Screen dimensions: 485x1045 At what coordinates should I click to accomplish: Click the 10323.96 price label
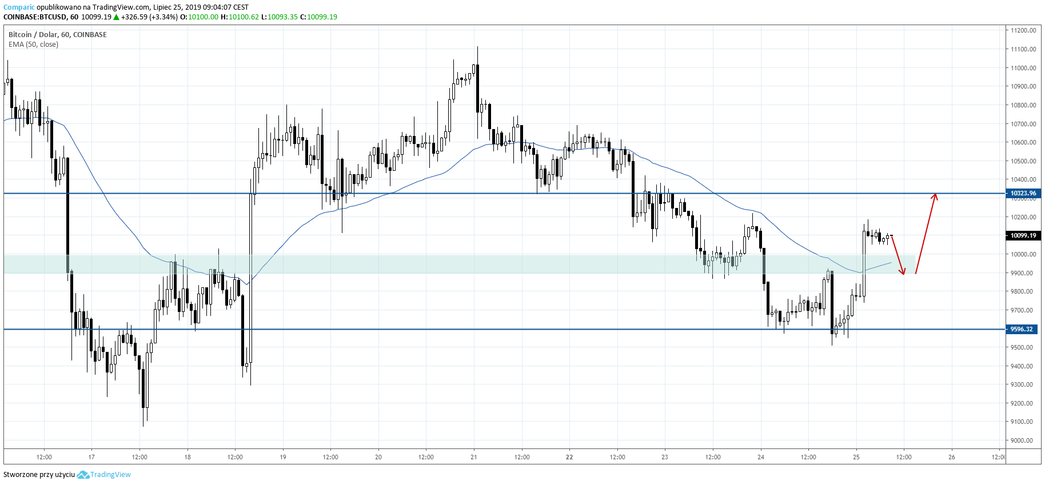[1023, 193]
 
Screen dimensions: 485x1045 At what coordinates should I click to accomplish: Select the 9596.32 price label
[1022, 329]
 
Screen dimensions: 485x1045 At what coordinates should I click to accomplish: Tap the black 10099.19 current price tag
[1023, 235]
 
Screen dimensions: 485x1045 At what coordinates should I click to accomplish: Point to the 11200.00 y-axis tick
[1023, 30]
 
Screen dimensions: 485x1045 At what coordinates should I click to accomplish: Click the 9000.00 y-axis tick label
[1022, 440]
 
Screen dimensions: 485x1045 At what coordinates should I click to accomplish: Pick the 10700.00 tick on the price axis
[1023, 124]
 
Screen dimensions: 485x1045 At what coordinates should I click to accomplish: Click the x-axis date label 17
[91, 457]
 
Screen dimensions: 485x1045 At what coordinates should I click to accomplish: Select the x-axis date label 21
[473, 457]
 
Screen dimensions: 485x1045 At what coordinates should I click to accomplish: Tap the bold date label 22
[569, 457]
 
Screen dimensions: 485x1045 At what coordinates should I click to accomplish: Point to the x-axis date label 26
[952, 457]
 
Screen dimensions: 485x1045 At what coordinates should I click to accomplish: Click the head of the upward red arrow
[935, 195]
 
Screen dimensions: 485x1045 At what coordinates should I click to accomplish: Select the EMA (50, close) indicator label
[33, 45]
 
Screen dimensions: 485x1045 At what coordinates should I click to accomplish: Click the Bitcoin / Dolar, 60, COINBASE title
[57, 35]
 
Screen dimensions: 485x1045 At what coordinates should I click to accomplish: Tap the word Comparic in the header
[19, 7]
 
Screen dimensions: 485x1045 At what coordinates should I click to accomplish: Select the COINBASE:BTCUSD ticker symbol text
[35, 17]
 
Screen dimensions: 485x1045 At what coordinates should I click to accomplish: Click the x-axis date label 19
[283, 457]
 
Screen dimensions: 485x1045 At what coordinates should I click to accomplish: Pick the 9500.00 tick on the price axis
[1022, 347]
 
